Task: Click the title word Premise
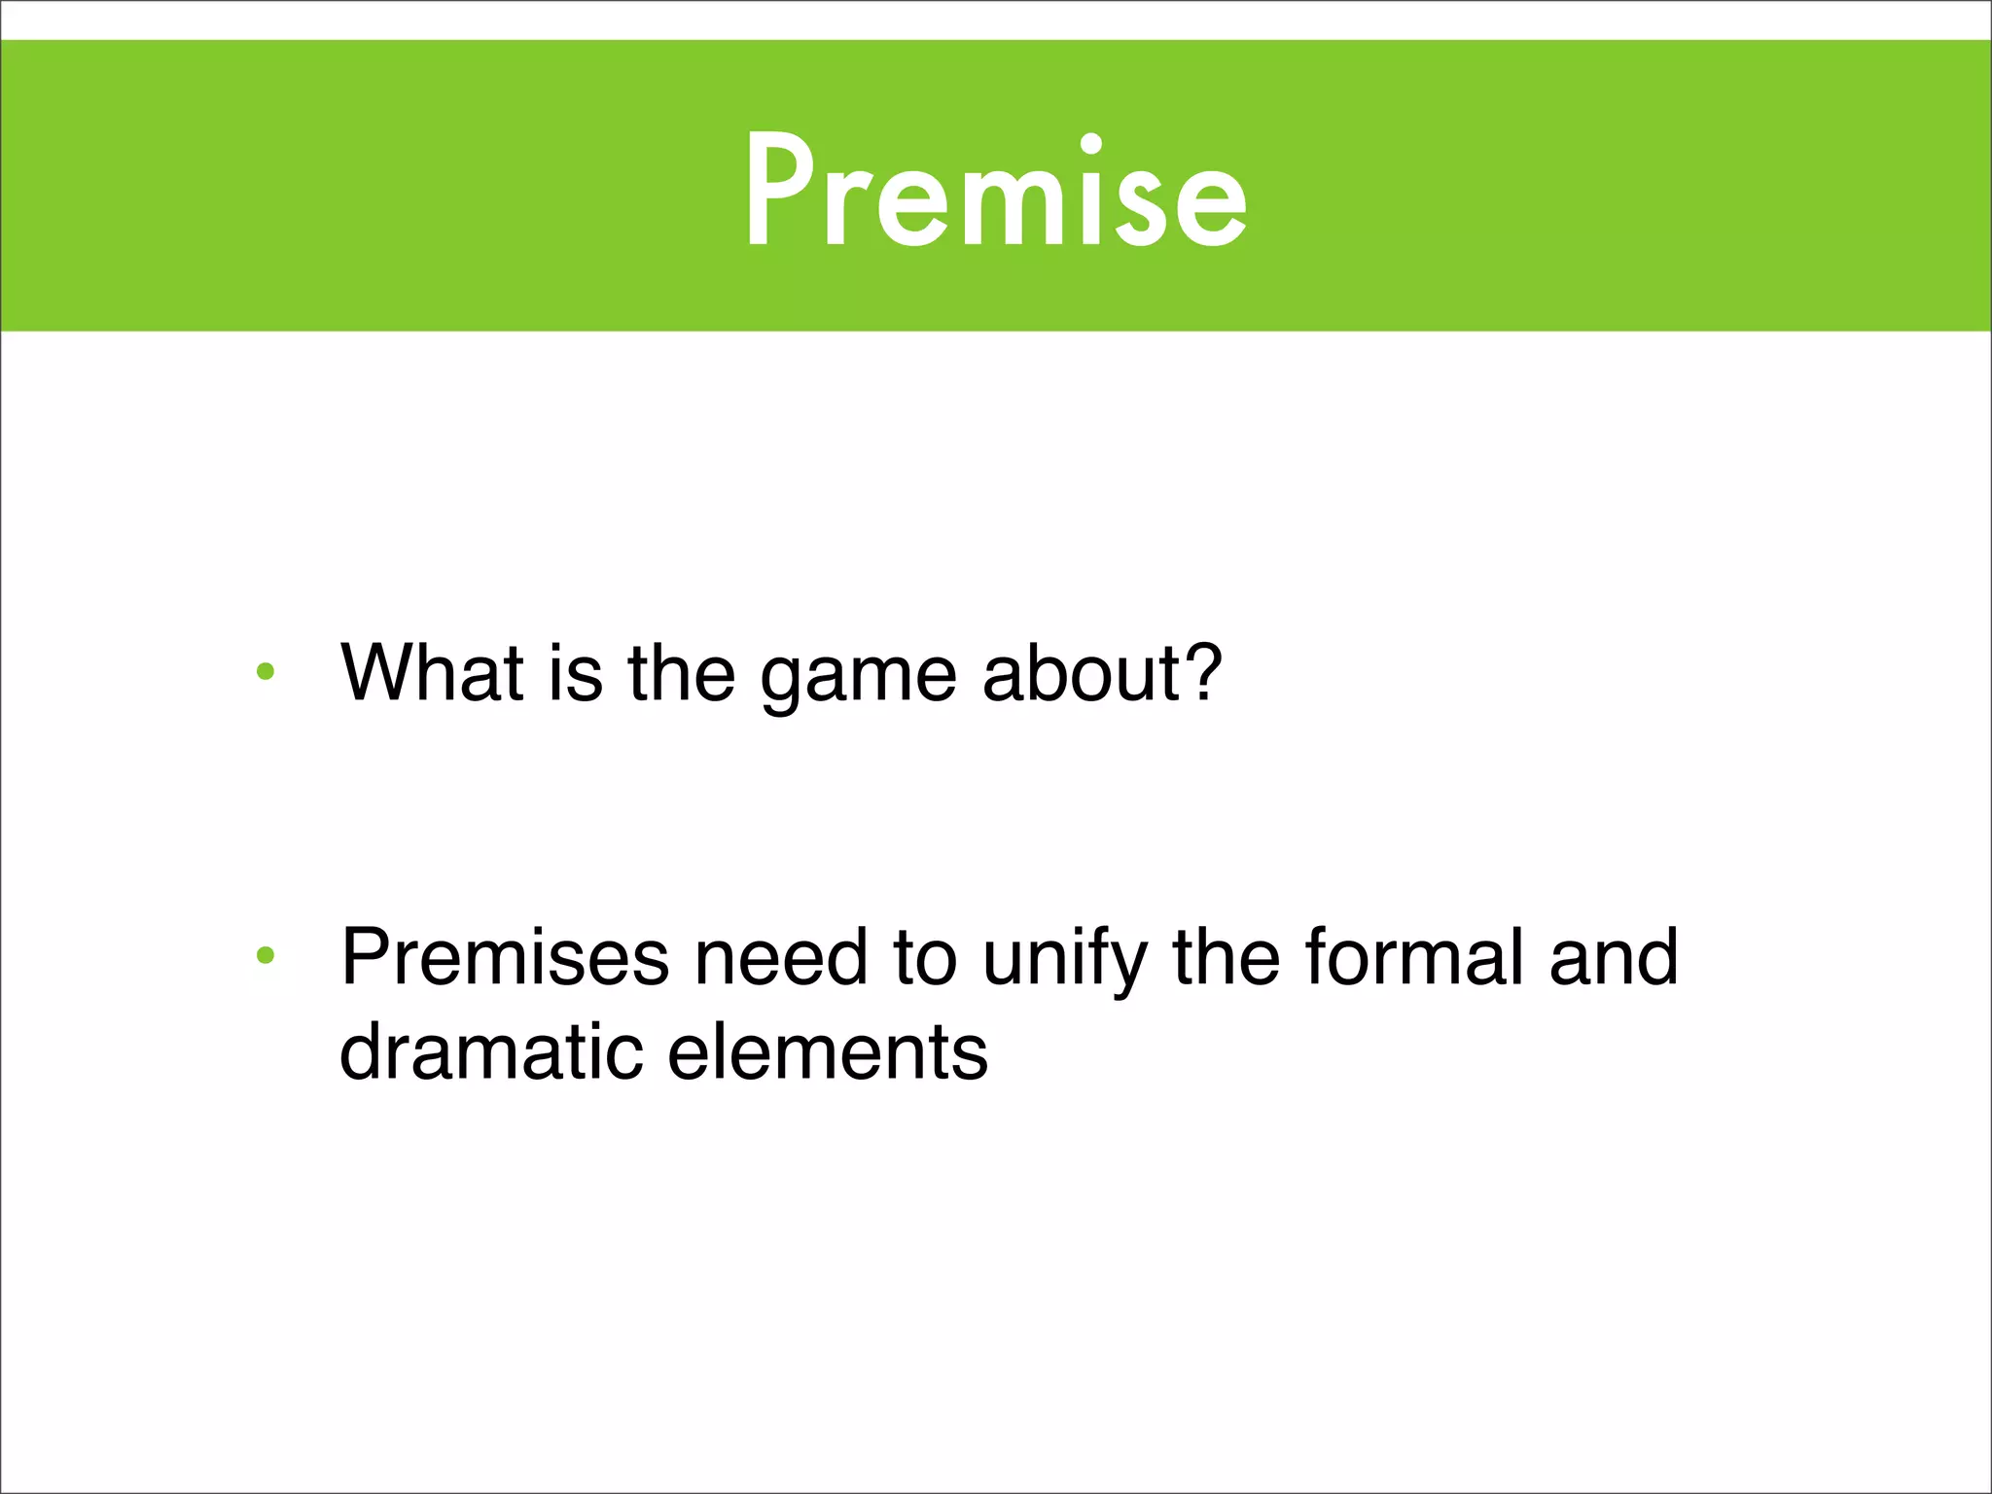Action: tap(996, 192)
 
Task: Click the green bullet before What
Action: tap(266, 671)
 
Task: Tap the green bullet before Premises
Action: tap(266, 956)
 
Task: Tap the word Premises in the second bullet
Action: tap(505, 957)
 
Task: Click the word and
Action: tap(1614, 957)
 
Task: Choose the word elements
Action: tap(828, 1052)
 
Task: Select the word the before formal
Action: tap(1227, 957)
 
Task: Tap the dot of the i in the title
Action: tap(1091, 144)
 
